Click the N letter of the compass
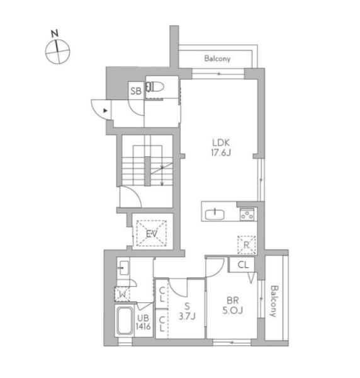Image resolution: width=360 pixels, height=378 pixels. [x=55, y=33]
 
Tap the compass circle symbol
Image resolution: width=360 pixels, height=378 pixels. [x=58, y=52]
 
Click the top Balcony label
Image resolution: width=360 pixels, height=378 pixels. [x=217, y=59]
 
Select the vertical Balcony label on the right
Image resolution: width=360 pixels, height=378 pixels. [x=274, y=301]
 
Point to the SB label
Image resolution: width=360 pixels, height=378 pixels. [x=136, y=91]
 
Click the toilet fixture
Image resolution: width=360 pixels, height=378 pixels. [x=155, y=87]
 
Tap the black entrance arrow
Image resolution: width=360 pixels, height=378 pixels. [x=105, y=111]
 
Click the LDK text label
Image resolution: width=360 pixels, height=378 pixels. [x=221, y=142]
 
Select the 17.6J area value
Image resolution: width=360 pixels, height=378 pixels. [x=221, y=152]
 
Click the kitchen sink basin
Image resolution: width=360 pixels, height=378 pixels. [x=215, y=214]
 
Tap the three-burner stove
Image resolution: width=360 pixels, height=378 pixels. [x=247, y=215]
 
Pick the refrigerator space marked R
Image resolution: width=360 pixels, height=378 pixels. [x=246, y=245]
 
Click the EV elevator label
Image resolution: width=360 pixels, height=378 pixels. [x=152, y=234]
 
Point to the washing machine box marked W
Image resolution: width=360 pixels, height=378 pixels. [x=122, y=294]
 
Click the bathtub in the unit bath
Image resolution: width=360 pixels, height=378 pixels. [x=124, y=321]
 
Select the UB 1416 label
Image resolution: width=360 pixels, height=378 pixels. [x=143, y=322]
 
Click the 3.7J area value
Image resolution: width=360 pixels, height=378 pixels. [x=187, y=316]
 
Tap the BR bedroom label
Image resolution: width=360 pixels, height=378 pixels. [x=233, y=301]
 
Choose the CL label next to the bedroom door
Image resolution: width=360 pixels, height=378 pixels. [x=243, y=265]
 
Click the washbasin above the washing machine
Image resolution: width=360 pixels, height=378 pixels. [x=123, y=268]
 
